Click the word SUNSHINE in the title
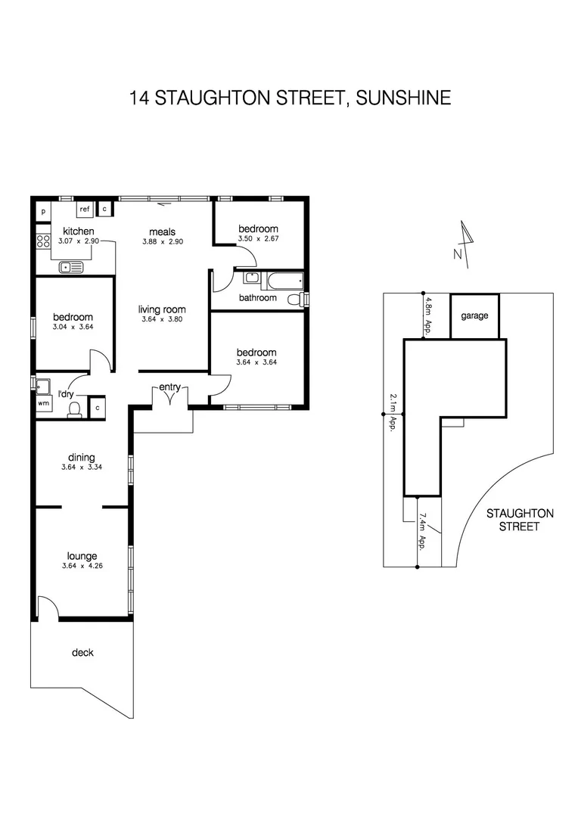[x=404, y=98]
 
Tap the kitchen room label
[x=78, y=231]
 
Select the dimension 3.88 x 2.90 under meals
[x=163, y=242]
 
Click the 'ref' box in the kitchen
[x=84, y=210]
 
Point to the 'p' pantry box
[x=43, y=212]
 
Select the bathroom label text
[x=257, y=298]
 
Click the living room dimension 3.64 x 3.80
[x=162, y=320]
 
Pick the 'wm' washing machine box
[x=42, y=403]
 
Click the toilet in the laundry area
[x=74, y=408]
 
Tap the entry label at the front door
[x=169, y=387]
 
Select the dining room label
[x=82, y=457]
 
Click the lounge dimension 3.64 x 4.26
[x=82, y=567]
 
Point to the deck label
[x=82, y=652]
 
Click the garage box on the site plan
[x=474, y=316]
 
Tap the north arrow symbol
[x=465, y=244]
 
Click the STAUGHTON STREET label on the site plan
[x=519, y=520]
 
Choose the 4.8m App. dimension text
[x=428, y=315]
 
